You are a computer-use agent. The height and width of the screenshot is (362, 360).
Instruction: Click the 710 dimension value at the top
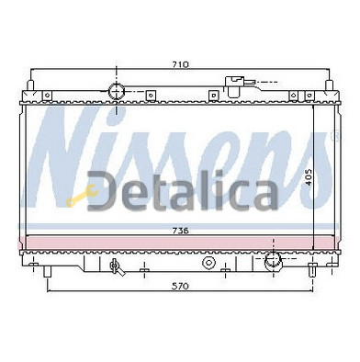coord(180,64)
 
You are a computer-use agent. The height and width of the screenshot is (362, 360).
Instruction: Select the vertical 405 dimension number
coord(309,177)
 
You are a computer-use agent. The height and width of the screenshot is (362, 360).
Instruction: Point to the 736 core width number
coord(180,231)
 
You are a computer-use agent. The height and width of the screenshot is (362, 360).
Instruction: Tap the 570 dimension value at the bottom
coord(180,287)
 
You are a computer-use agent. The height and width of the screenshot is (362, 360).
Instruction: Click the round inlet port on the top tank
coord(117,91)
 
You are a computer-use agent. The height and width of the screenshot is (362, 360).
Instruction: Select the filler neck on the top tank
coord(234,86)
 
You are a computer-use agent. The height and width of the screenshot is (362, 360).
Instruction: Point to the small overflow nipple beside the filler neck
coord(250,82)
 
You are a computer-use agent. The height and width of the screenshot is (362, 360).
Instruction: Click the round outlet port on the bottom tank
coord(273,260)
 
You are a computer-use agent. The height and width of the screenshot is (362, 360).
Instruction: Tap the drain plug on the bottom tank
coord(117,266)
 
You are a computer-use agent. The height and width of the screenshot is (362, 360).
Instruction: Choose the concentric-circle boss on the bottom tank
coord(208,263)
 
